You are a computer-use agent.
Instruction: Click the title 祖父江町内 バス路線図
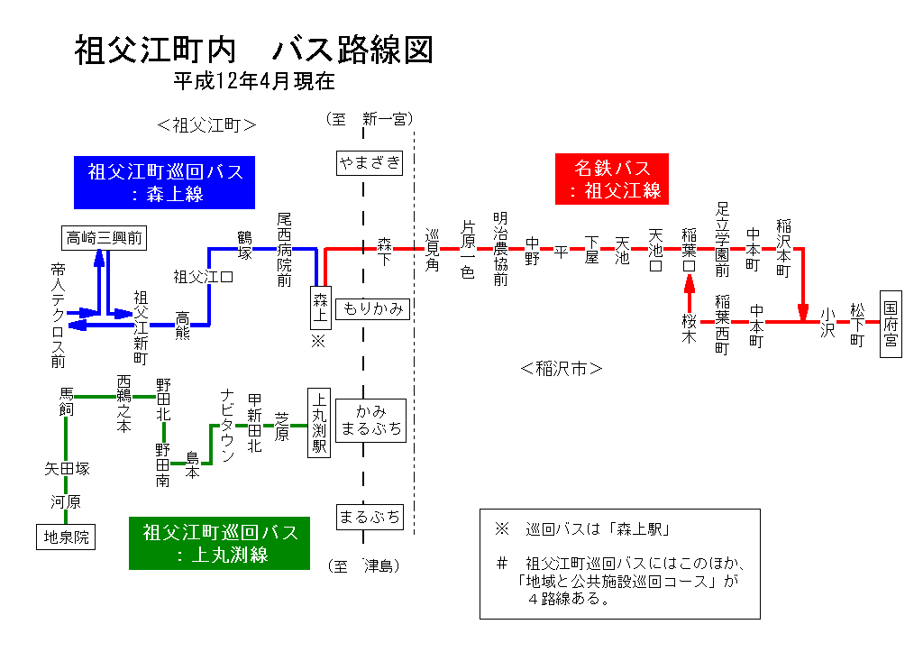click(253, 51)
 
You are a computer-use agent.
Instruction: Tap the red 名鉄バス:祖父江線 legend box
click(613, 179)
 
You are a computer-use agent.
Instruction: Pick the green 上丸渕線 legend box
click(220, 543)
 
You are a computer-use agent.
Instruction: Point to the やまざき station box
click(369, 162)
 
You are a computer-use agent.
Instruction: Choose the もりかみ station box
click(372, 309)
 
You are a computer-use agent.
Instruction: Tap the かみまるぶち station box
click(372, 420)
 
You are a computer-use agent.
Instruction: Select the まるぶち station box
click(369, 517)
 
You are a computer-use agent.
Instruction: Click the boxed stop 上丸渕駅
click(319, 423)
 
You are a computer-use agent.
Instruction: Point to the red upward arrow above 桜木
click(690, 287)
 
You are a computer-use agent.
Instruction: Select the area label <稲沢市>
click(561, 368)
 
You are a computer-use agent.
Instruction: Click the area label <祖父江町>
click(206, 124)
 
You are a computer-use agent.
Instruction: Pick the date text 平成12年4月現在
click(253, 81)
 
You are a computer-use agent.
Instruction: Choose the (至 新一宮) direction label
click(369, 118)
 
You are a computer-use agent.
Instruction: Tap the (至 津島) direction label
click(363, 566)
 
